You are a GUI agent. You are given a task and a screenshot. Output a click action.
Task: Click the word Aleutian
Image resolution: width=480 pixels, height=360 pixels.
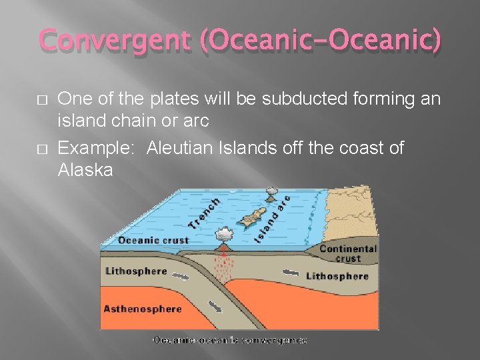coord(187,147)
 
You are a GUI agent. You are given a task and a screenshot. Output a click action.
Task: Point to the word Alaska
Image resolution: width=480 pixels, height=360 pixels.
coord(85,170)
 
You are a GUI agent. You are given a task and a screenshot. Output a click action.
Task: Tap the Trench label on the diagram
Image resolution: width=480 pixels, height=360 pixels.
coord(204,213)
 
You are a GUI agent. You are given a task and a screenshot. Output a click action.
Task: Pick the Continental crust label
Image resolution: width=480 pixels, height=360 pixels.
coord(348,253)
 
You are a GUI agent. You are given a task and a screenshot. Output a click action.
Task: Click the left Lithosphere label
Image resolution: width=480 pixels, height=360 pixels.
coord(136,271)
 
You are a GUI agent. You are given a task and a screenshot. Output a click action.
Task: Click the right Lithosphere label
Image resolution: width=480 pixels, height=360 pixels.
coord(337,276)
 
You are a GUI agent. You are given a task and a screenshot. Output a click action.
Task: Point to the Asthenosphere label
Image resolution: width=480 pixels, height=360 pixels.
coord(143,309)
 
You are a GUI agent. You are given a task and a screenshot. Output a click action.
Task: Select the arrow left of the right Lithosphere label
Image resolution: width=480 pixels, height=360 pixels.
coord(291,272)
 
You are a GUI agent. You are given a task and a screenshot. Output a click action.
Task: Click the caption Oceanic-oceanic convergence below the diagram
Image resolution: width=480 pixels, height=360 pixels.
coord(230,340)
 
